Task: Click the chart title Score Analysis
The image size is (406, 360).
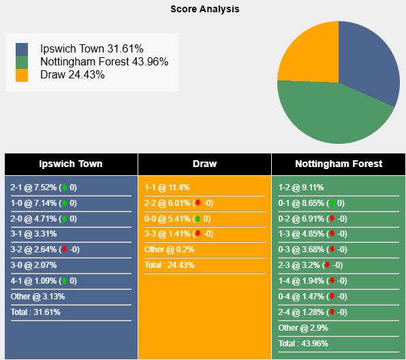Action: point(204,10)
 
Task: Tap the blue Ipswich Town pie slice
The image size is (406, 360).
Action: point(371,61)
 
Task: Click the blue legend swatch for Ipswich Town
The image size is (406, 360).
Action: point(22,49)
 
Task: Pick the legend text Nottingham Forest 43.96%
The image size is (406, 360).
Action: point(104,62)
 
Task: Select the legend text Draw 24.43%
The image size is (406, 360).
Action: point(72,75)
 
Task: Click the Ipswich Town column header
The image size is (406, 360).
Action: point(71,164)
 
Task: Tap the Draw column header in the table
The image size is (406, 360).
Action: point(204,164)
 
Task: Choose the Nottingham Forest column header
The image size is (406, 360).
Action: point(339,164)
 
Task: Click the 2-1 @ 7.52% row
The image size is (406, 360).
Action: point(34,187)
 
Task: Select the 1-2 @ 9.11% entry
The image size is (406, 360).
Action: point(300,187)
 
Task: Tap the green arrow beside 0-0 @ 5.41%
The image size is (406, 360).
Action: point(198,219)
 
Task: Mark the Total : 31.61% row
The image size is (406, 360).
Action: point(35,312)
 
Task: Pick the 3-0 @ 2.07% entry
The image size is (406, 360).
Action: point(33,265)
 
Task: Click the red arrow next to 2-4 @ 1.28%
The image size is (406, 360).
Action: point(331,312)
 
